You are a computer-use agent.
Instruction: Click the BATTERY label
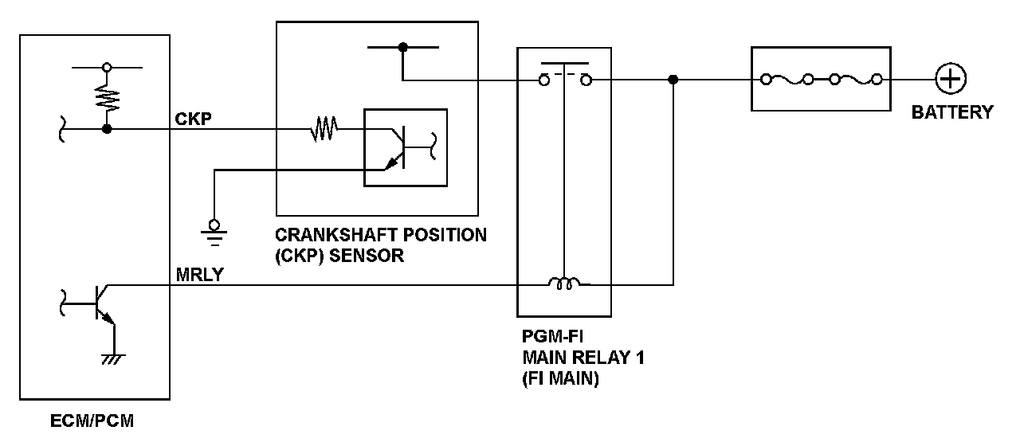tap(952, 112)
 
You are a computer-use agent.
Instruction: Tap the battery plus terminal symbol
tap(951, 80)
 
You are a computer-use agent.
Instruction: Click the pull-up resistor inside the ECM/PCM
tap(107, 98)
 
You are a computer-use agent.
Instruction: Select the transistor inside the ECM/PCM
tap(100, 303)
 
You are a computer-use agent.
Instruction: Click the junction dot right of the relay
tap(673, 80)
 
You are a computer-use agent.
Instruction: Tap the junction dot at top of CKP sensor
tap(403, 48)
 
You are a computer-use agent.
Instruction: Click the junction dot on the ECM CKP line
tap(107, 128)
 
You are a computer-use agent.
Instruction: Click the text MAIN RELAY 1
tap(583, 358)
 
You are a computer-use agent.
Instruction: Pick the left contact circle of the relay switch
tap(543, 80)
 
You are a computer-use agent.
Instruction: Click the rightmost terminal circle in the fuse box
tap(877, 80)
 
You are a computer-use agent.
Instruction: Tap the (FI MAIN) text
tap(560, 379)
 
